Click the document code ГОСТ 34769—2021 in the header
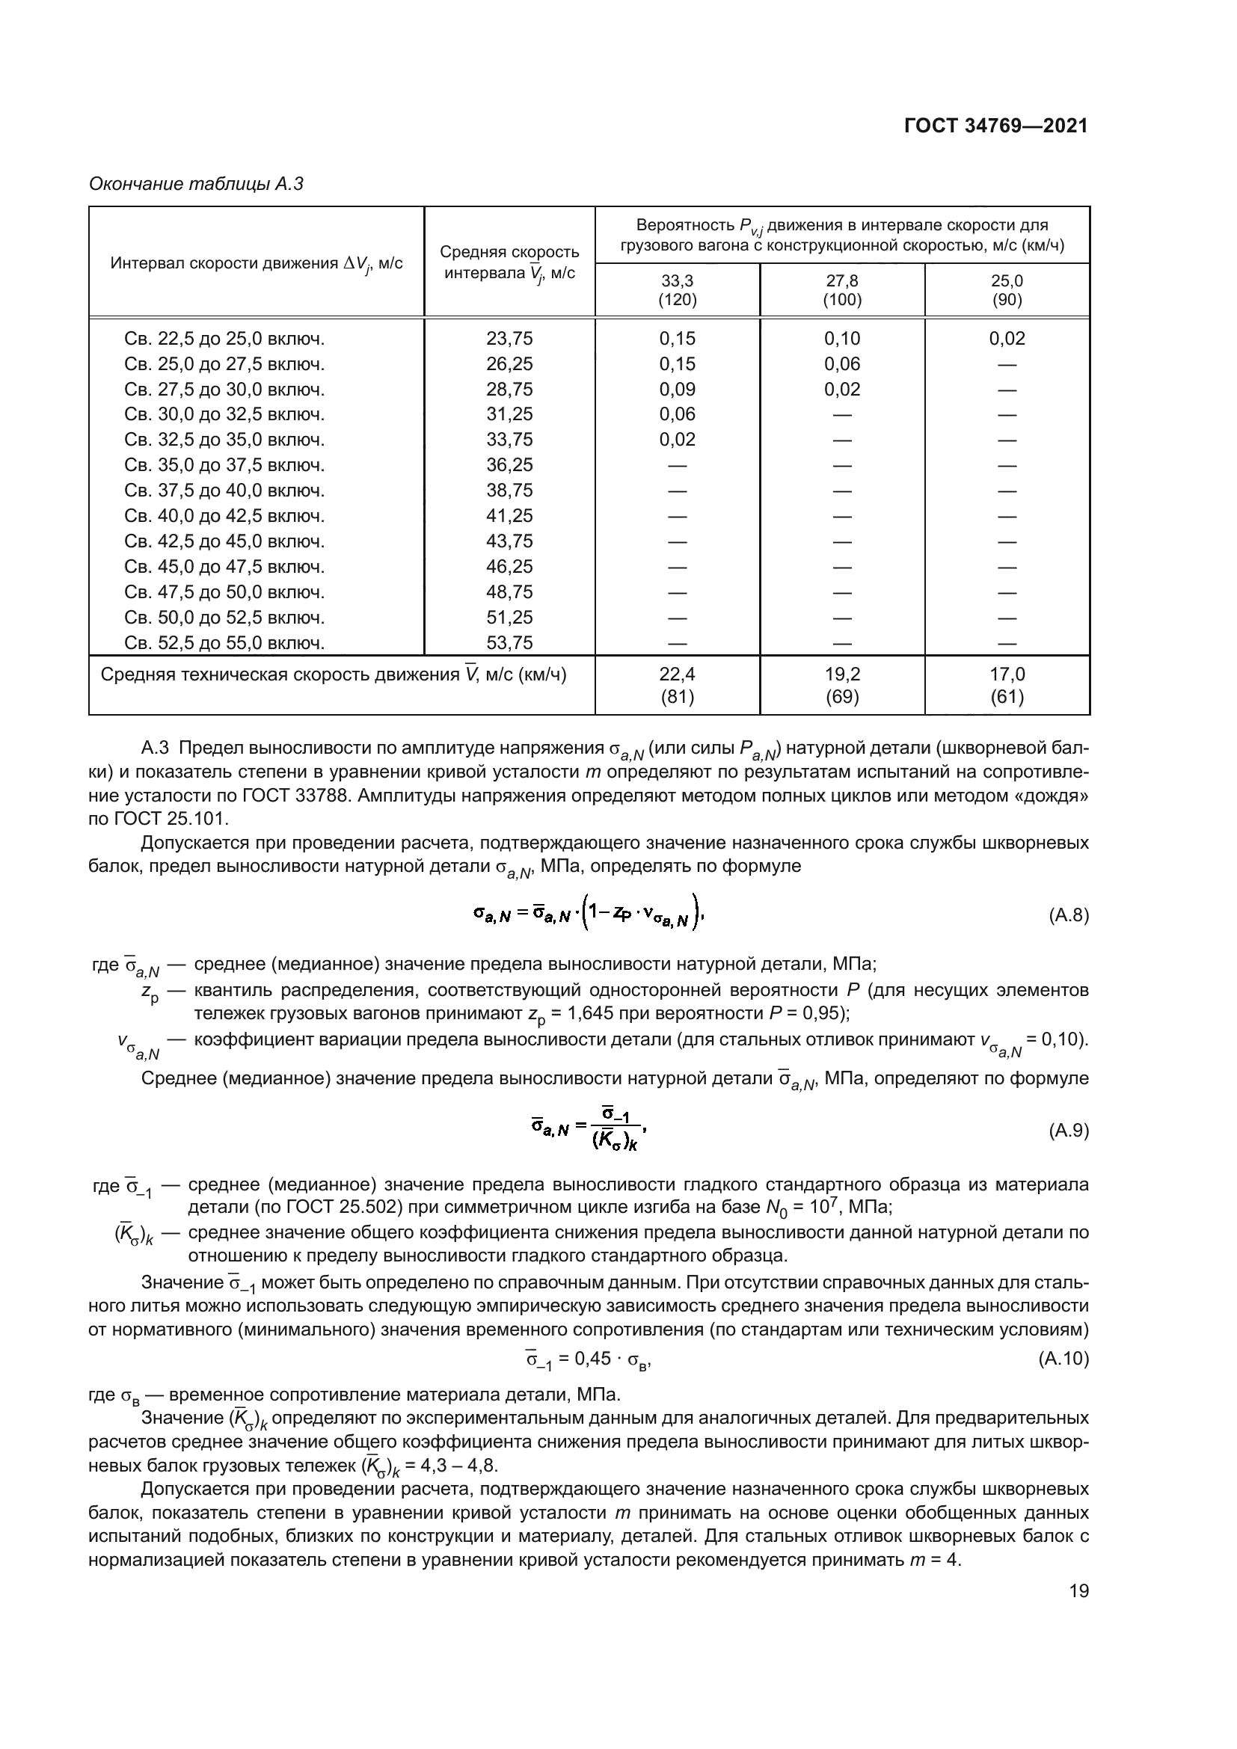pos(995,126)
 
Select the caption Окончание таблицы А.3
pos(196,185)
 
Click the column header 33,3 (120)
pos(677,290)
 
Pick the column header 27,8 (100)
pos(841,290)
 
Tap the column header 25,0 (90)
pos(1006,290)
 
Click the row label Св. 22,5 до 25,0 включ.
pos(224,339)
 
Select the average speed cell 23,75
pos(509,339)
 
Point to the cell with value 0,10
pos(841,339)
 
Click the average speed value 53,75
pos(509,643)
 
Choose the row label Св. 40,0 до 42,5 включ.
pos(224,517)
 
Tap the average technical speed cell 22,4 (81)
pos(677,685)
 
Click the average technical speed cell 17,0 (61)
pos(1006,685)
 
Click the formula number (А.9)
pos(1069,1131)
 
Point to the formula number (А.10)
pos(1063,1358)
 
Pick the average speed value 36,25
pos(509,465)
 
